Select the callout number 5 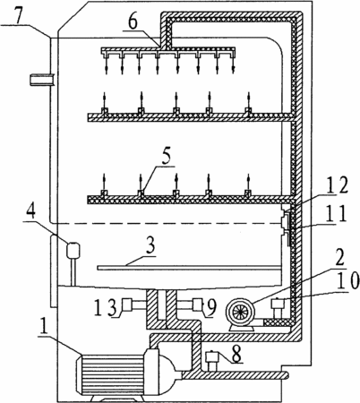click(x=166, y=156)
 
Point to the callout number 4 click(x=30, y=212)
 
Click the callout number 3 click(x=150, y=247)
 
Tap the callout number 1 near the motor click(x=44, y=328)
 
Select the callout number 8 click(x=236, y=354)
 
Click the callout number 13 click(x=105, y=309)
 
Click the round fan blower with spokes click(x=241, y=312)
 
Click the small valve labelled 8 click(x=212, y=362)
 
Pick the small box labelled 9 click(x=198, y=304)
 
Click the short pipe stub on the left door click(x=42, y=81)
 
